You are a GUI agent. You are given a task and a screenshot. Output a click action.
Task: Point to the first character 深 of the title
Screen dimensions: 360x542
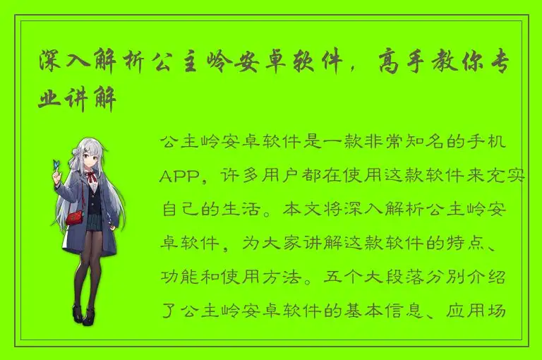52,62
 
